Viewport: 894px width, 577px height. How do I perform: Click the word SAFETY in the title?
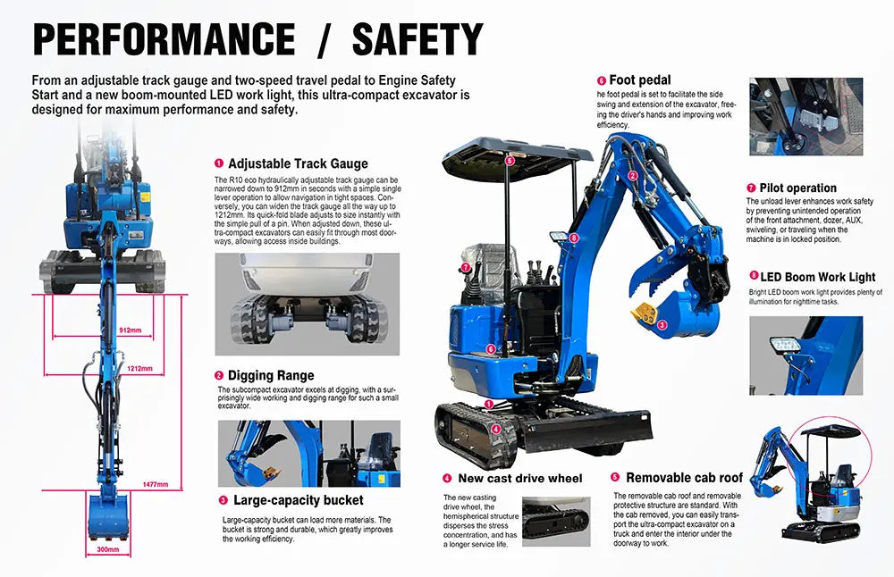(x=417, y=39)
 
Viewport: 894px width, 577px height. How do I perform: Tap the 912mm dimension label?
(x=130, y=330)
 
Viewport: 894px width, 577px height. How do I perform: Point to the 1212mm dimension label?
(x=139, y=369)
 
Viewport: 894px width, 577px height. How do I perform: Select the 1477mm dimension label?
(x=155, y=485)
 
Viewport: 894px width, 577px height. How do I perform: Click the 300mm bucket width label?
(x=108, y=549)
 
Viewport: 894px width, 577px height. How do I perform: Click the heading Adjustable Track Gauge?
(x=299, y=164)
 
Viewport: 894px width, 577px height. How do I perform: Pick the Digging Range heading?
(x=271, y=375)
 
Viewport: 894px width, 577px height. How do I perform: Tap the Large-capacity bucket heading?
(x=299, y=500)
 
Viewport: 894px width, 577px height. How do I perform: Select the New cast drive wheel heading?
(x=520, y=479)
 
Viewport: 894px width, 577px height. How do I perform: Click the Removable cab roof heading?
(x=684, y=477)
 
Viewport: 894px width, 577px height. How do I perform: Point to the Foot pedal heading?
(x=640, y=79)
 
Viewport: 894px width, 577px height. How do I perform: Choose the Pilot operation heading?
(x=797, y=188)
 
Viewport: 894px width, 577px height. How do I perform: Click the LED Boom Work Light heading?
(x=818, y=277)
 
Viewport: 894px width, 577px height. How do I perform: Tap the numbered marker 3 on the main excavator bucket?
(x=662, y=325)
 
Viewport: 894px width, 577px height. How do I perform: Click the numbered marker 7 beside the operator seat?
(x=466, y=267)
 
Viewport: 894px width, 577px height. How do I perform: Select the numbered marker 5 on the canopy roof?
(x=510, y=161)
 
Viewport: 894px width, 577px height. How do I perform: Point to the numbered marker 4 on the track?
(x=496, y=429)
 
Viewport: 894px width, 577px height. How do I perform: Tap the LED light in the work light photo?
(x=786, y=345)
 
